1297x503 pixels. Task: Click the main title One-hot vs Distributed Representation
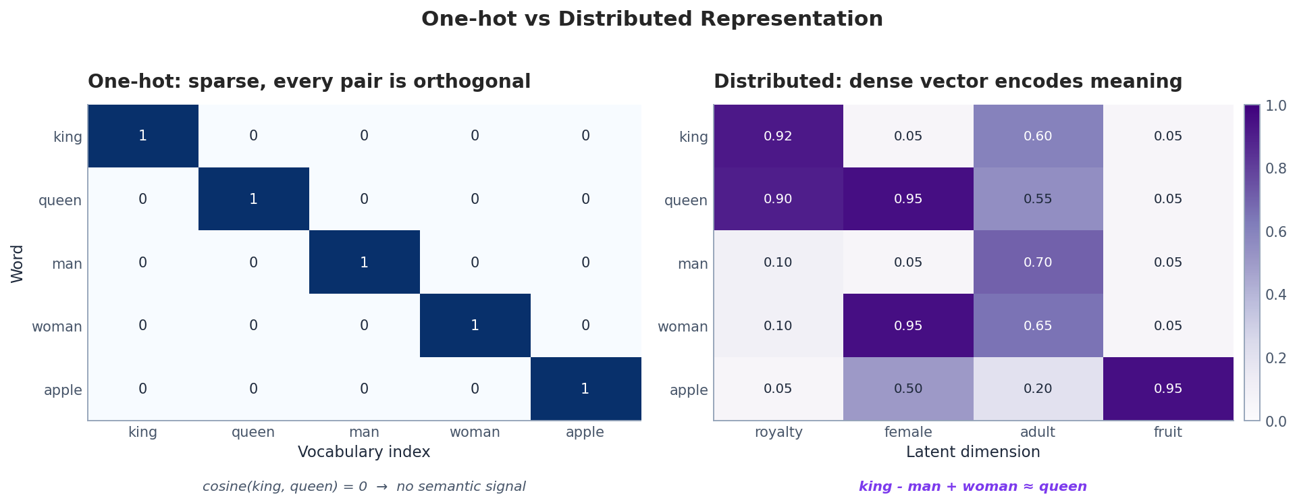(x=652, y=19)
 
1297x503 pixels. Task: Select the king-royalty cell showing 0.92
(x=778, y=136)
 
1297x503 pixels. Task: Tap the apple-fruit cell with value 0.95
(x=1167, y=389)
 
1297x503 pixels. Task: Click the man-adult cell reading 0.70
(x=1038, y=262)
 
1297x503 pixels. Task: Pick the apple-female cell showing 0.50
(x=907, y=389)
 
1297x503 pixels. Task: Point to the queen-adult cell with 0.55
(x=1038, y=199)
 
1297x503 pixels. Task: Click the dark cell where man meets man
(x=364, y=262)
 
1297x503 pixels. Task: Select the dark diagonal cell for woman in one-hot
(x=475, y=325)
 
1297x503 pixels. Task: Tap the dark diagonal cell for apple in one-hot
(x=585, y=389)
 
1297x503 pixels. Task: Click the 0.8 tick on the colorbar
(x=1275, y=168)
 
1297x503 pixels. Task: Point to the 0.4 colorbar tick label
(x=1275, y=294)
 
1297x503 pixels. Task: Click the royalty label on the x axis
(x=778, y=432)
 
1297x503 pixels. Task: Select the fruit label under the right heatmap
(x=1167, y=432)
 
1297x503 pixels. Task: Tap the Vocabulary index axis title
(x=364, y=452)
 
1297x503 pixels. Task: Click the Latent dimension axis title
(x=973, y=452)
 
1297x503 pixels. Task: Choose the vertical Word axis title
(x=18, y=263)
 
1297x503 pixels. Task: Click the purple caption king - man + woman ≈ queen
(x=972, y=487)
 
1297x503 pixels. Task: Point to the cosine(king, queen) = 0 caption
(x=364, y=487)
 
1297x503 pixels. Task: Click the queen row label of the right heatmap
(x=685, y=201)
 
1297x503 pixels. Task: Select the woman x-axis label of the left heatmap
(x=475, y=432)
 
